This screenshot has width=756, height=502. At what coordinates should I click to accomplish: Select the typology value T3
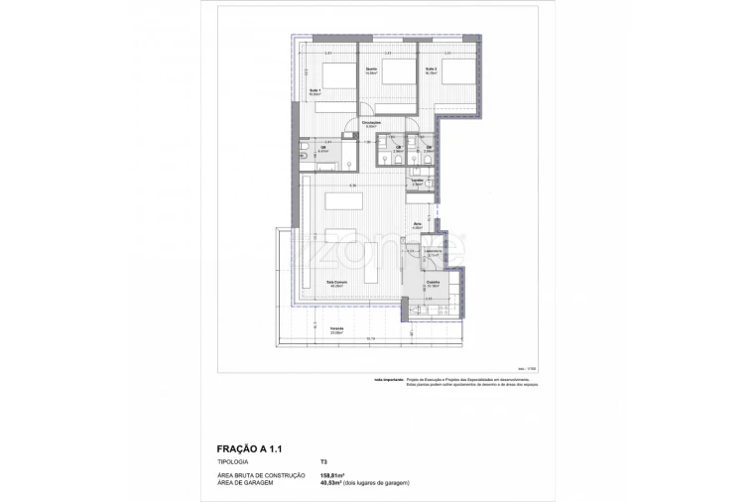tap(323, 462)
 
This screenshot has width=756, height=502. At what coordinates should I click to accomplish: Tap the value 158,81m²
tap(332, 476)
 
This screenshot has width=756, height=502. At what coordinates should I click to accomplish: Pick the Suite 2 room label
tap(432, 69)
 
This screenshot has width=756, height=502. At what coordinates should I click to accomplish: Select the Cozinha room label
tap(433, 283)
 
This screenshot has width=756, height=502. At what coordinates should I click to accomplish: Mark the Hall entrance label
tap(418, 226)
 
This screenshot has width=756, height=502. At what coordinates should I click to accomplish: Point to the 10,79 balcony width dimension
tap(370, 340)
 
